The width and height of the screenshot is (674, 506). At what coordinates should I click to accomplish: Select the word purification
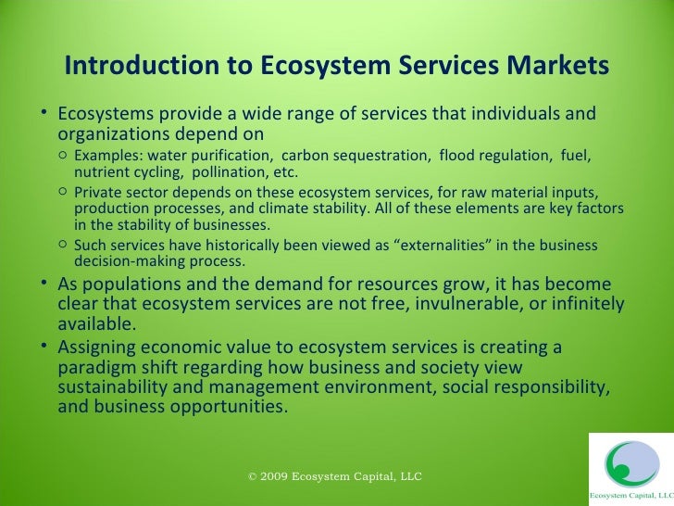[233, 154]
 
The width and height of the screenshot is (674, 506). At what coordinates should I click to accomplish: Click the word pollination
[231, 171]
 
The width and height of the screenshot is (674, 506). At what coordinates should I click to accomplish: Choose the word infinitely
[581, 305]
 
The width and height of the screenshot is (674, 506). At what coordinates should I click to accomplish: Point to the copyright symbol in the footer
[254, 476]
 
